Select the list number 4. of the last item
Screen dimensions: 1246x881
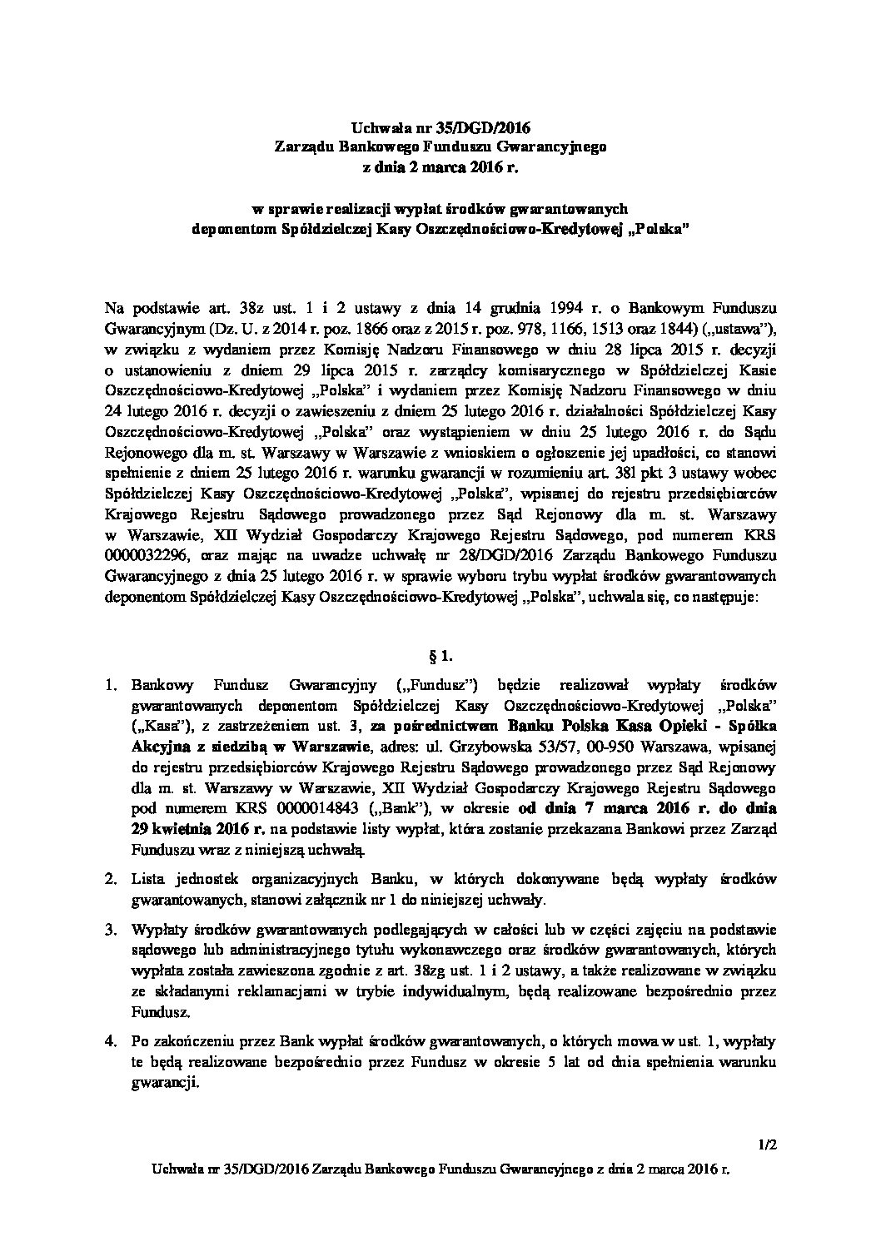click(111, 1041)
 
